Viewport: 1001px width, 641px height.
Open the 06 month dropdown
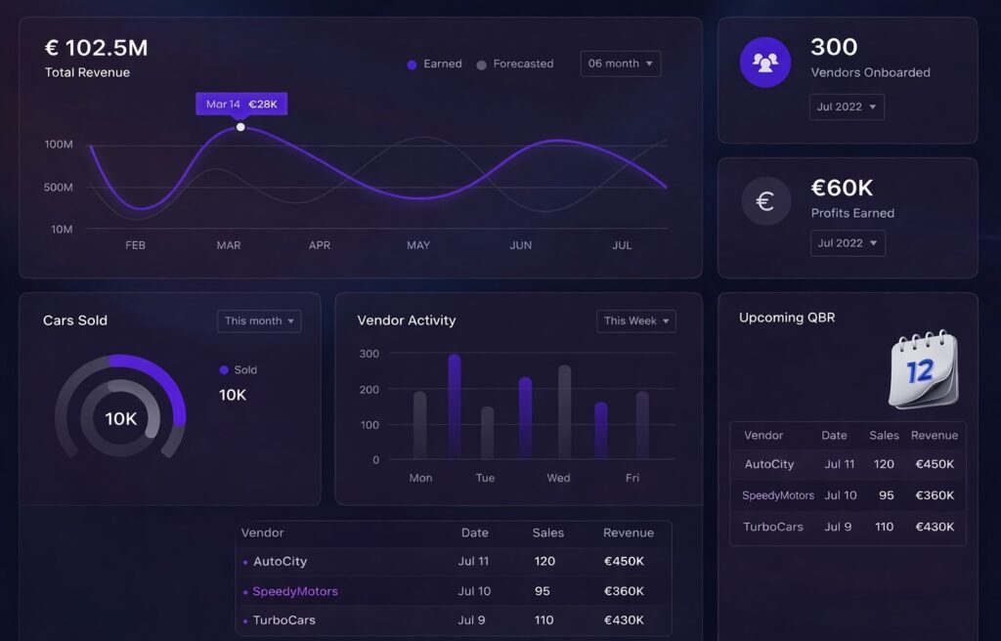(x=620, y=64)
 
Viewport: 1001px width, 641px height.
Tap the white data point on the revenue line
(x=240, y=127)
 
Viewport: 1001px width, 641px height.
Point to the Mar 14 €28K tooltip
(x=241, y=104)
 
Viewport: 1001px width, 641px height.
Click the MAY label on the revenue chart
(x=418, y=245)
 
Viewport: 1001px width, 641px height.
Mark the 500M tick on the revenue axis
(x=59, y=187)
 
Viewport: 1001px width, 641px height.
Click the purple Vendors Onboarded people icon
(x=765, y=63)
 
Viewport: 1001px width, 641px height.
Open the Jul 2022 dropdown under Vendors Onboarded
(x=847, y=107)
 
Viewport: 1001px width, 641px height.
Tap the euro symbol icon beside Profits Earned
(x=765, y=201)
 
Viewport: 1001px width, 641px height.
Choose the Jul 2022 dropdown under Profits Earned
(x=848, y=243)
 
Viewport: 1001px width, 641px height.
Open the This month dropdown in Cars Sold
(x=259, y=320)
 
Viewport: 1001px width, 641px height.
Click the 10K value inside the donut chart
(x=121, y=419)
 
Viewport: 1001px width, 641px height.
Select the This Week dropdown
(x=635, y=320)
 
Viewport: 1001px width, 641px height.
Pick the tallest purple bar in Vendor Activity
(x=455, y=406)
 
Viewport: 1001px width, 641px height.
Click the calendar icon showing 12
(x=923, y=369)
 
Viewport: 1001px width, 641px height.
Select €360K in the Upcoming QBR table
(x=934, y=495)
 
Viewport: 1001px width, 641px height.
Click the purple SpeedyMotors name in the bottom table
(x=295, y=591)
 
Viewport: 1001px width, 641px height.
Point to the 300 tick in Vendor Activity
(x=370, y=354)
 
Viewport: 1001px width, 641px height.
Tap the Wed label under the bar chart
(x=558, y=478)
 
